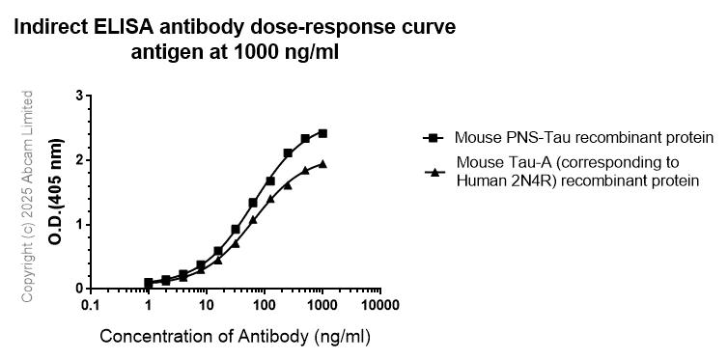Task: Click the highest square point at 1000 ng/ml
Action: point(322,133)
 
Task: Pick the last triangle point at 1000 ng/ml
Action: point(322,164)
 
